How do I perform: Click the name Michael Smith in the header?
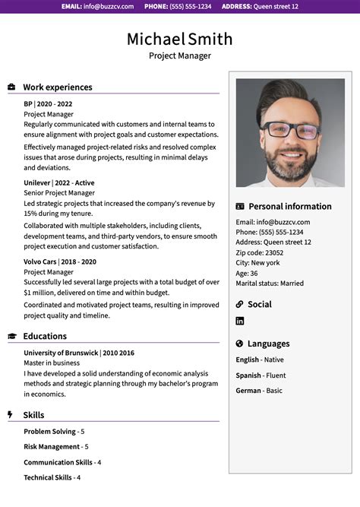tap(179, 39)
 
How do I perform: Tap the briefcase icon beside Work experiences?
tap(11, 87)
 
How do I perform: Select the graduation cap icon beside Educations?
tap(11, 336)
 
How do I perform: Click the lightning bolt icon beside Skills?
tap(10, 415)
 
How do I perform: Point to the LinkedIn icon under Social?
tap(240, 321)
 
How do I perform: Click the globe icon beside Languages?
tap(240, 344)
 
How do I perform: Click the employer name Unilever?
tap(36, 183)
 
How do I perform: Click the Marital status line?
tap(270, 284)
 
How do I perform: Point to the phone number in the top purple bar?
tap(178, 6)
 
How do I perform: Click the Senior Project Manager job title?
tap(59, 193)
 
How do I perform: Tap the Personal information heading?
tap(290, 206)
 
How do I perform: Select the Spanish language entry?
tap(261, 375)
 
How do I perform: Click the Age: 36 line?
tap(247, 273)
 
